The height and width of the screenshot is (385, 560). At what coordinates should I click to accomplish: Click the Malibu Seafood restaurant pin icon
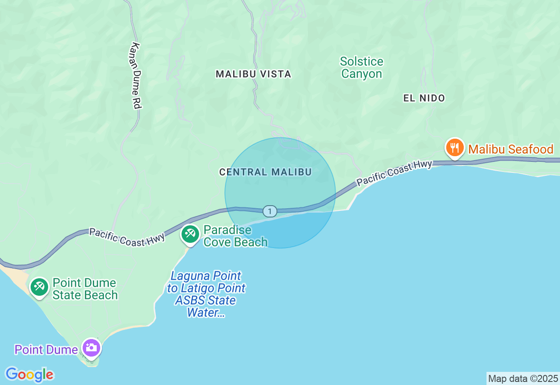pos(455,148)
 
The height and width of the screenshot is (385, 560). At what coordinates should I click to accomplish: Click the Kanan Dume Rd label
pos(137,75)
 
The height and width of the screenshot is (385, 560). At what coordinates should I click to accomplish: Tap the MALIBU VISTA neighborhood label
pos(253,74)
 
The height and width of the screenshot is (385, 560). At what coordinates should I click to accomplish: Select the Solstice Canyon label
pos(362,67)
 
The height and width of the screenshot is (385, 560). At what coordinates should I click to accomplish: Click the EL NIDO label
pos(424,98)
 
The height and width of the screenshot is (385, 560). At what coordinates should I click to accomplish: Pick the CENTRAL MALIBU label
pos(266,172)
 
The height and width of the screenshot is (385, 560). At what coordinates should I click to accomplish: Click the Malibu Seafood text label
pos(511,150)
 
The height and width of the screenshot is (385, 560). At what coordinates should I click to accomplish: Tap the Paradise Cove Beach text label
pos(235,236)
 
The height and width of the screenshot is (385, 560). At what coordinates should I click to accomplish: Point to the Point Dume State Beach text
pos(85,289)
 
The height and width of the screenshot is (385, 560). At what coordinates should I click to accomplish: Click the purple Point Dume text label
pos(46,350)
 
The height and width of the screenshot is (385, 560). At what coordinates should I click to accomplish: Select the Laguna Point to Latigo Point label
pos(206,294)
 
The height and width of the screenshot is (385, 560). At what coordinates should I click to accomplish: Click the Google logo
pos(29,374)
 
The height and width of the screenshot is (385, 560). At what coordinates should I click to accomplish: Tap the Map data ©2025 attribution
pos(523,378)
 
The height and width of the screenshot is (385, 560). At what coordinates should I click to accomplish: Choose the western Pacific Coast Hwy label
pos(127,237)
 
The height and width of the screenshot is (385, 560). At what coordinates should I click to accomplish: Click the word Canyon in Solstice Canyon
pos(362,74)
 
